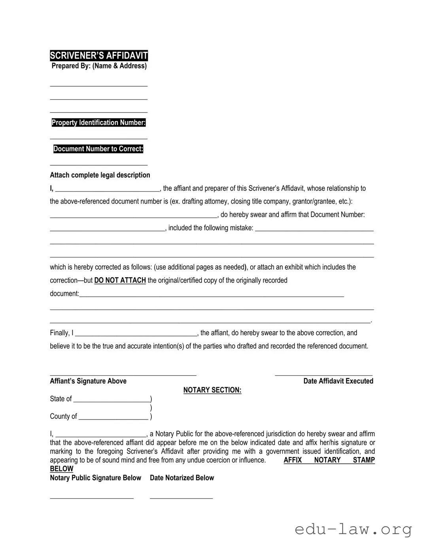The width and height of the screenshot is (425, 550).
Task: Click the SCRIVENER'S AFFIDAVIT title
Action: [x=99, y=56]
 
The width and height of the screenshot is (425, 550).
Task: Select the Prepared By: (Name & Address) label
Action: [x=99, y=66]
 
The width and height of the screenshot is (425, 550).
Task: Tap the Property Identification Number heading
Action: [x=98, y=123]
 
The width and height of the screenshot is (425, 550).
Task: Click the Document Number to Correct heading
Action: [x=98, y=149]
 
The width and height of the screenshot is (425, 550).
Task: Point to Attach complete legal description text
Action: [x=100, y=175]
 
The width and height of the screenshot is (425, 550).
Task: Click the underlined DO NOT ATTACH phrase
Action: [x=120, y=280]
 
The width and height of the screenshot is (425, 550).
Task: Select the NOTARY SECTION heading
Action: [x=212, y=390]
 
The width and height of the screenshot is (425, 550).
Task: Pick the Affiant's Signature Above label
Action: [x=88, y=381]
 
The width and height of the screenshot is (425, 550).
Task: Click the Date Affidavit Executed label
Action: [x=338, y=381]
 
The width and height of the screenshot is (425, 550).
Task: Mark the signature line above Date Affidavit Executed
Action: [x=323, y=374]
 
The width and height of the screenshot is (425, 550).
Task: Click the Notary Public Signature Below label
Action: [x=95, y=478]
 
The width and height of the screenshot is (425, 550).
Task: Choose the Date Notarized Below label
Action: [x=182, y=478]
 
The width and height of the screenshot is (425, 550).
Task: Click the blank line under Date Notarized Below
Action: [x=181, y=497]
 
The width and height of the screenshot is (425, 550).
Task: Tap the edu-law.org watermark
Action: [x=353, y=529]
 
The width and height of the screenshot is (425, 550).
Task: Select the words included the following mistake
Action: [x=211, y=228]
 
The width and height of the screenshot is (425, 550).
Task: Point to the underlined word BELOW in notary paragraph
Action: [x=62, y=469]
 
